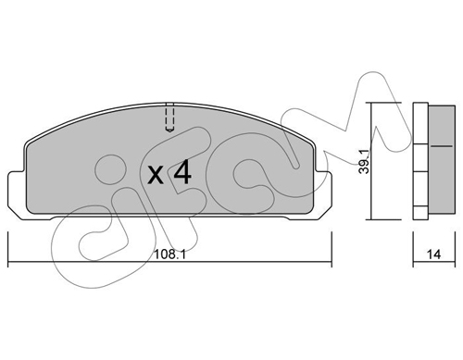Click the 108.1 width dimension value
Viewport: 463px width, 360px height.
[x=169, y=254]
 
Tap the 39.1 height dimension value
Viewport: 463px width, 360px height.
[x=364, y=161]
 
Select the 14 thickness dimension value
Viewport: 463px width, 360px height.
[x=433, y=254]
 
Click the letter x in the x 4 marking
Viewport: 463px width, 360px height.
[x=156, y=176]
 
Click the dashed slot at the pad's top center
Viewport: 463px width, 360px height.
[x=169, y=118]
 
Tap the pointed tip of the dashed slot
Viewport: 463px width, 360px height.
[x=169, y=132]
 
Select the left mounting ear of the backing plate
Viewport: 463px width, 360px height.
[x=17, y=194]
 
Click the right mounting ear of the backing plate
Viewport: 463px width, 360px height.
[x=323, y=194]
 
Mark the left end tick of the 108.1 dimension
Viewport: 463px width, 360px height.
[x=8, y=249]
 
